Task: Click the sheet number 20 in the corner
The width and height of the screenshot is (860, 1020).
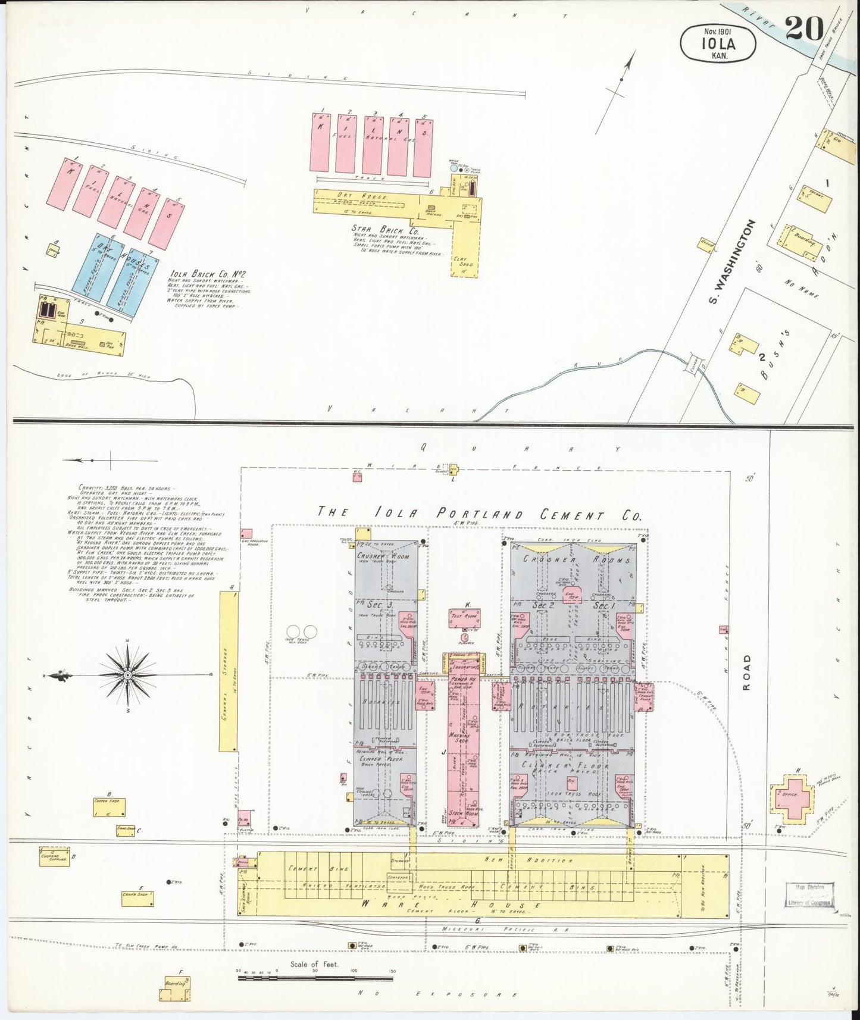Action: coord(804,28)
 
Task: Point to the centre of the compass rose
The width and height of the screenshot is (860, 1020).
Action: coord(127,675)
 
